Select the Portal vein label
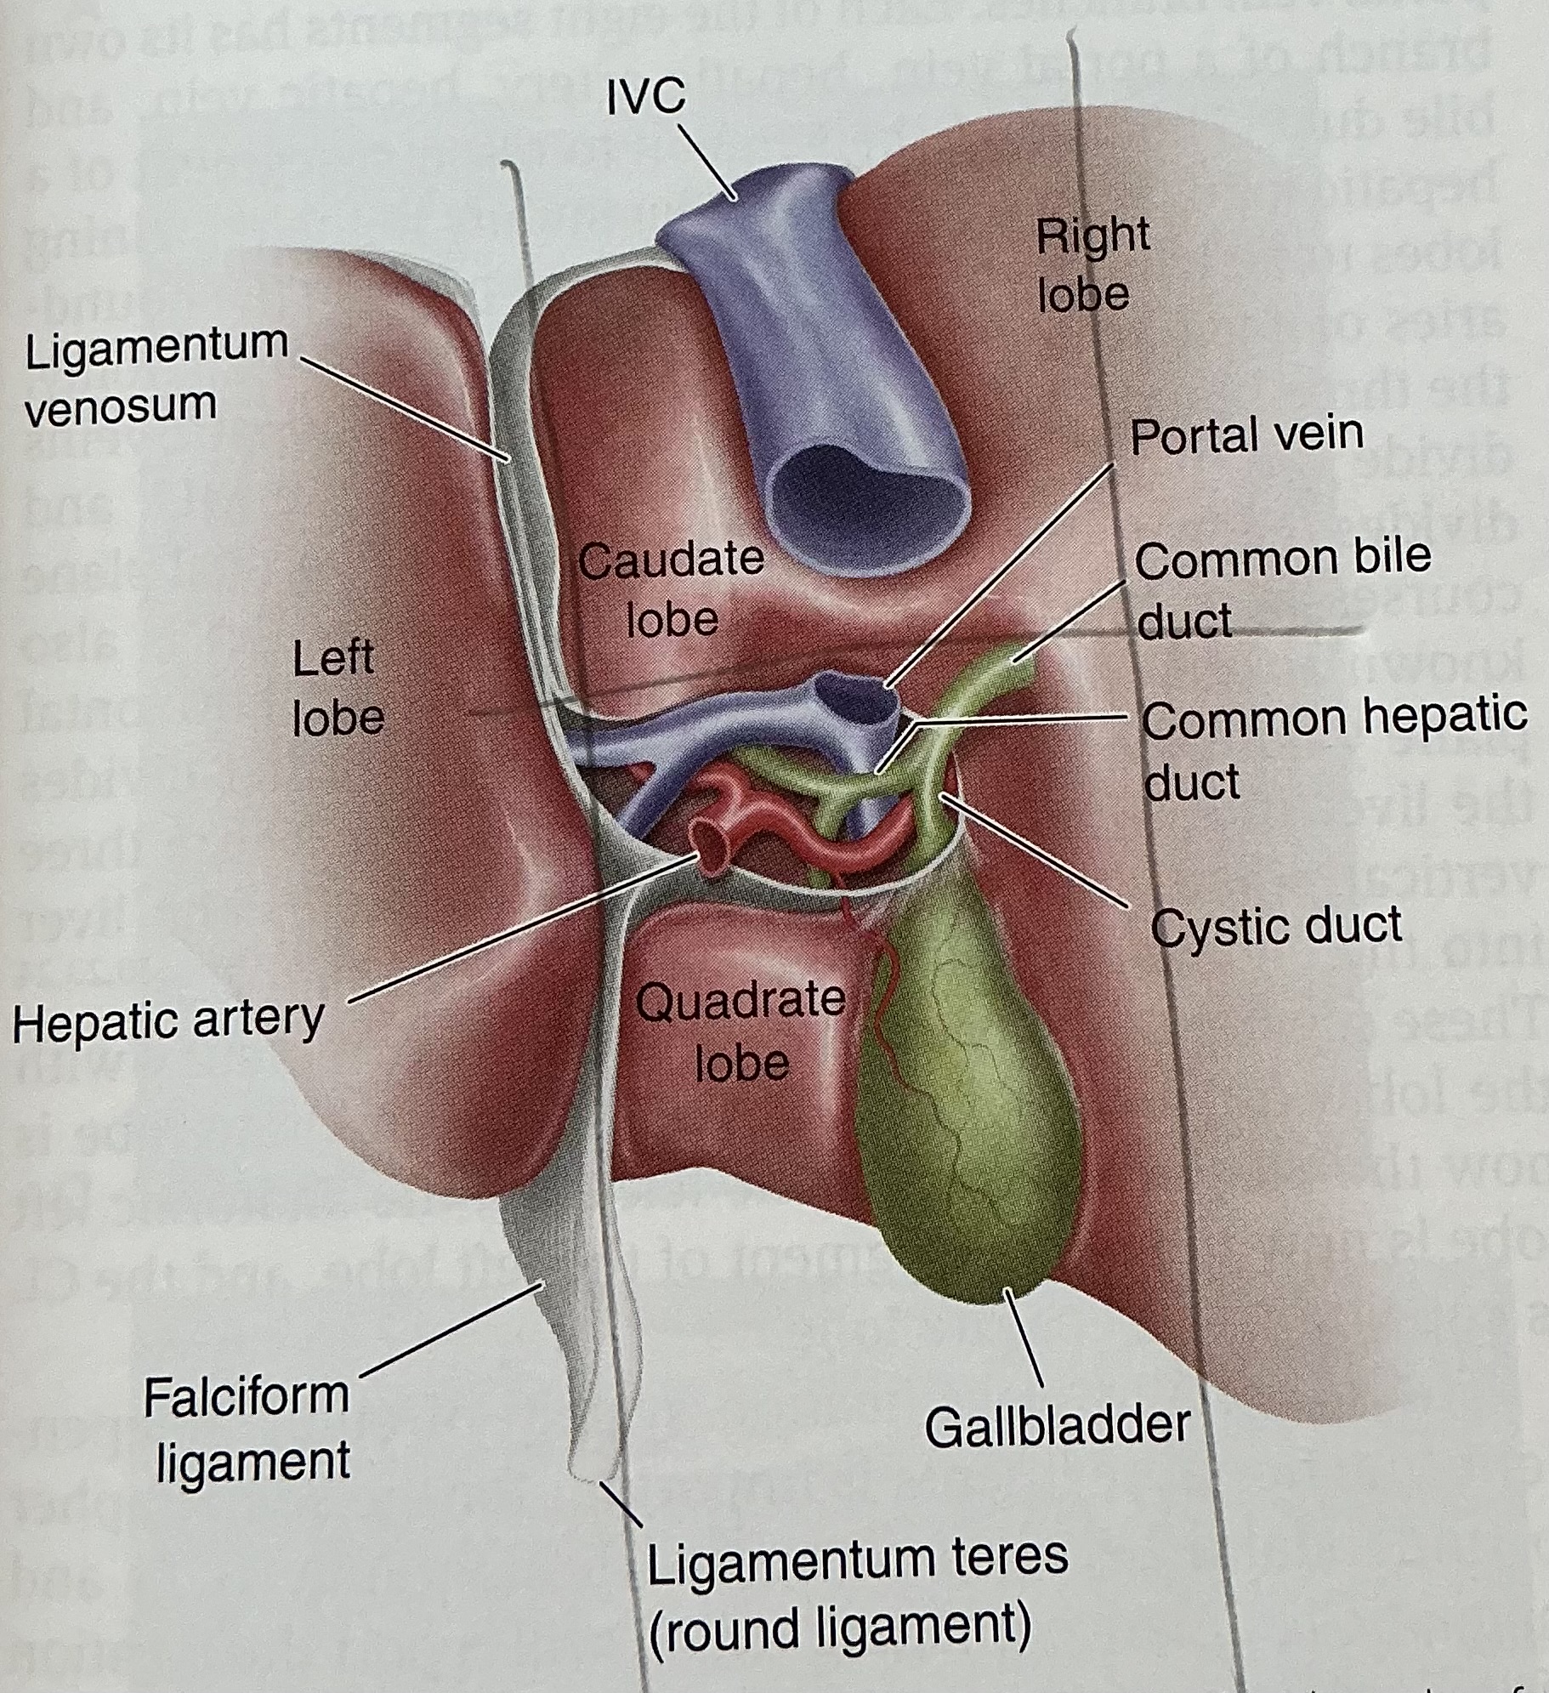(x=1246, y=435)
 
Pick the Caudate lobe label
(x=672, y=588)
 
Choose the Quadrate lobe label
(x=740, y=1031)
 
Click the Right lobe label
(x=1090, y=264)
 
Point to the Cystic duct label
(x=1276, y=925)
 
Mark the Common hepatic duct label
(x=1333, y=748)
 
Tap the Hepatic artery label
(x=168, y=1020)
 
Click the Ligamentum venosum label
(x=156, y=374)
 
